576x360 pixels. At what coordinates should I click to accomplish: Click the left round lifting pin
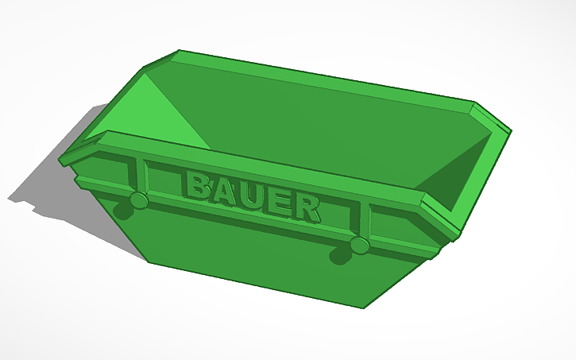(x=138, y=200)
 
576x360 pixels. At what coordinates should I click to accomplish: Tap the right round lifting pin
(x=359, y=245)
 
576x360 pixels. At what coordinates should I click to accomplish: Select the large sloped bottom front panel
(x=254, y=254)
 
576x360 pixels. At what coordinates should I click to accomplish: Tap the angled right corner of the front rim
(x=441, y=215)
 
